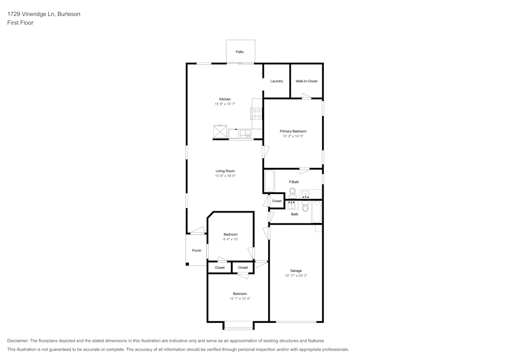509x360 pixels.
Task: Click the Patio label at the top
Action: (239, 52)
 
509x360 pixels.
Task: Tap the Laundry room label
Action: (276, 81)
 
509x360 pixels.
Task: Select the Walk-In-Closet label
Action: (306, 81)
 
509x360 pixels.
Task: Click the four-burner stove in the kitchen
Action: (257, 114)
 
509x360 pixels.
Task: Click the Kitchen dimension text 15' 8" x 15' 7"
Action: (225, 104)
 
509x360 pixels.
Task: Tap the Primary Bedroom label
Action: (293, 131)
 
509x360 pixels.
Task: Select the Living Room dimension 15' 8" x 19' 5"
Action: (225, 176)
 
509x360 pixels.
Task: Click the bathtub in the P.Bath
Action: (269, 181)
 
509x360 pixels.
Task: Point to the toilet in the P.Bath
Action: (293, 192)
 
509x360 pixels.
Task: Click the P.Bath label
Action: (294, 182)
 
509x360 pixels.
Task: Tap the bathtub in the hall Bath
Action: (317, 212)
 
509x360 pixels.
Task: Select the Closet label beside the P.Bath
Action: (276, 201)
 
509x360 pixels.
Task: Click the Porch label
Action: (196, 251)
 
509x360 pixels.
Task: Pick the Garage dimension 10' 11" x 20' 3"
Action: (296, 275)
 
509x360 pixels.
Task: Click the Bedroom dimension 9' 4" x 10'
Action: (231, 239)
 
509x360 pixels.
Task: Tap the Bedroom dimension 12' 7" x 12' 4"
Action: (240, 298)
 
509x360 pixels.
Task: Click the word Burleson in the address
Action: (69, 14)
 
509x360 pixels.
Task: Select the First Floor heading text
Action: (20, 23)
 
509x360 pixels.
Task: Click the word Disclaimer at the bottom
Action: (18, 341)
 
